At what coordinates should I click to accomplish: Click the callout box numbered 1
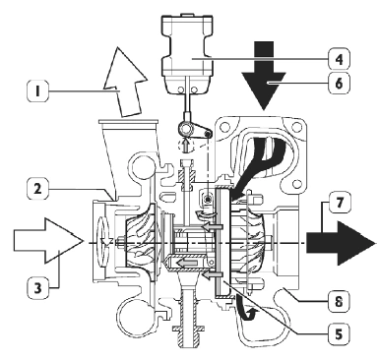[37, 90]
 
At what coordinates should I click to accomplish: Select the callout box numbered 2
[37, 189]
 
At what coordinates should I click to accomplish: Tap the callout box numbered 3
[37, 288]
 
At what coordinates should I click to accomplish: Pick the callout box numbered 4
[339, 59]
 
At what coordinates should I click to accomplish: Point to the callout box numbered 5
[339, 333]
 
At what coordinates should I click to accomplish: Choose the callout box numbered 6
[339, 83]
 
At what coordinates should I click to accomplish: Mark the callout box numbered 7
[339, 203]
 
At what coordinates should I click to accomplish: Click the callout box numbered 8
[339, 301]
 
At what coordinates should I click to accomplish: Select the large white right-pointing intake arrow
[48, 241]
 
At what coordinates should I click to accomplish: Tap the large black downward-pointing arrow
[264, 75]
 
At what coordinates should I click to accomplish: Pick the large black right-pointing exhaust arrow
[341, 243]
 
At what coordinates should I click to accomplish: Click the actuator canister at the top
[188, 54]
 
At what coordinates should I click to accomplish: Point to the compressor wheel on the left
[141, 242]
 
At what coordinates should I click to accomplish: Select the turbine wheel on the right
[248, 242]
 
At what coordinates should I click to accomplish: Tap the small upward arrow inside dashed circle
[186, 145]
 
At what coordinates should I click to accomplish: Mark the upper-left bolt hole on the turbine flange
[224, 126]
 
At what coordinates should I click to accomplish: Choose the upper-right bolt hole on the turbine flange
[296, 125]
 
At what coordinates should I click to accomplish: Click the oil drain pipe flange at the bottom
[188, 329]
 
